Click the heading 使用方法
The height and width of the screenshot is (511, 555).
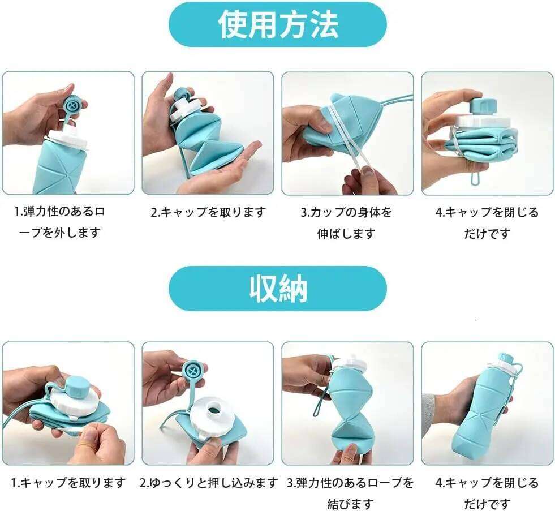pos(278,25)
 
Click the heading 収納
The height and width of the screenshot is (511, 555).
pos(278,289)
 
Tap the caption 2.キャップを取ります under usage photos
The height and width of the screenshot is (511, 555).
pos(208,213)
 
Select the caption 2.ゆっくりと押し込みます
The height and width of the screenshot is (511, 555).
pos(209,483)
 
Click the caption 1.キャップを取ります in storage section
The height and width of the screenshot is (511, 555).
pos(68,483)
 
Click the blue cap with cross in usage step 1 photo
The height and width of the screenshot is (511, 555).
pos(74,105)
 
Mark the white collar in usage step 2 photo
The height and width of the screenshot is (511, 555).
pos(187,113)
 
